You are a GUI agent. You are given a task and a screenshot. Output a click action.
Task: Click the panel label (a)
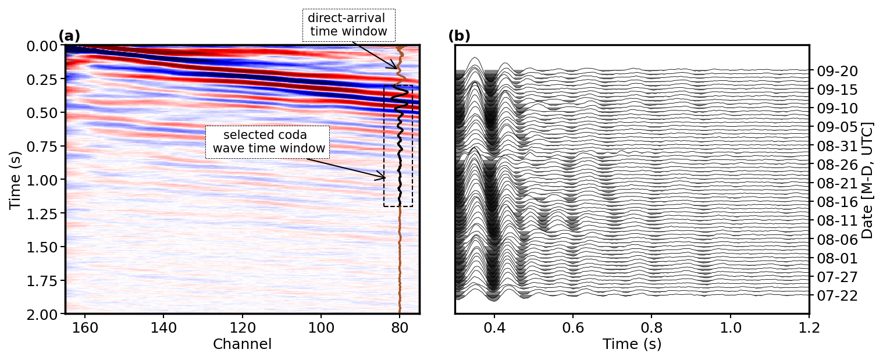point(69,36)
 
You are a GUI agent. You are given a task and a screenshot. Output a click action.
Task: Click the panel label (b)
point(459,36)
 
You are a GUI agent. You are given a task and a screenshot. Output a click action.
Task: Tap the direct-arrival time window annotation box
point(348,25)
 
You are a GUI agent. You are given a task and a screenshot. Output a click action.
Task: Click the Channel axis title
point(242,344)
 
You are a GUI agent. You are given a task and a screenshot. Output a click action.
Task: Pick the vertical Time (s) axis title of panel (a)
point(15,179)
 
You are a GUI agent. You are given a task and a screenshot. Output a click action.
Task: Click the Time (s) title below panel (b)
point(632,344)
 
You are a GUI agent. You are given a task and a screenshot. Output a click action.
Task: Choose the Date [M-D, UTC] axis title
point(868,180)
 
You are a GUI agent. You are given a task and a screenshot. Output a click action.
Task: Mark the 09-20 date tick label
point(837,72)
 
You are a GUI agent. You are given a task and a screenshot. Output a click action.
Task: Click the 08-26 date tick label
point(837,165)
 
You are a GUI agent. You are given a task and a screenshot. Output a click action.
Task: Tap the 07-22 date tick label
point(837,295)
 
